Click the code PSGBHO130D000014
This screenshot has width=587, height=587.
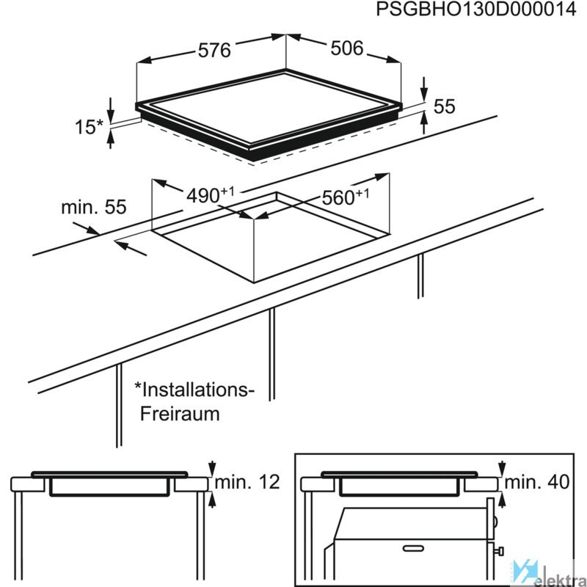[x=475, y=10]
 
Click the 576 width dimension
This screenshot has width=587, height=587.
[x=214, y=50]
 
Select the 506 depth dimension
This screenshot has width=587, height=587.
[x=347, y=48]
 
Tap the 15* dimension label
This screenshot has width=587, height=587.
[x=89, y=127]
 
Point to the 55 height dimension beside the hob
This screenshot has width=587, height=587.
[x=445, y=106]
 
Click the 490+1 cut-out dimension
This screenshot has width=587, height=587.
[x=211, y=194]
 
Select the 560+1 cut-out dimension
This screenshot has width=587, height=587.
[x=345, y=197]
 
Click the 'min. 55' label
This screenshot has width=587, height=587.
[x=94, y=207]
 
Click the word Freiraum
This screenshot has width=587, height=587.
[x=180, y=414]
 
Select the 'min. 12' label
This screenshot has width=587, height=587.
[x=247, y=482]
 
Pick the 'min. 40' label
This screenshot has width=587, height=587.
[x=537, y=482]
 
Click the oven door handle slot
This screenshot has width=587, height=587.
[x=413, y=549]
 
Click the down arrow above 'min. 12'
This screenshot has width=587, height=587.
[x=212, y=468]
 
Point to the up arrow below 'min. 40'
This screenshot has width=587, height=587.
[x=502, y=500]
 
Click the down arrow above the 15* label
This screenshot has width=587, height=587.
[x=111, y=109]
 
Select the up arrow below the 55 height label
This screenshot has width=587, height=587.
[x=424, y=123]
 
